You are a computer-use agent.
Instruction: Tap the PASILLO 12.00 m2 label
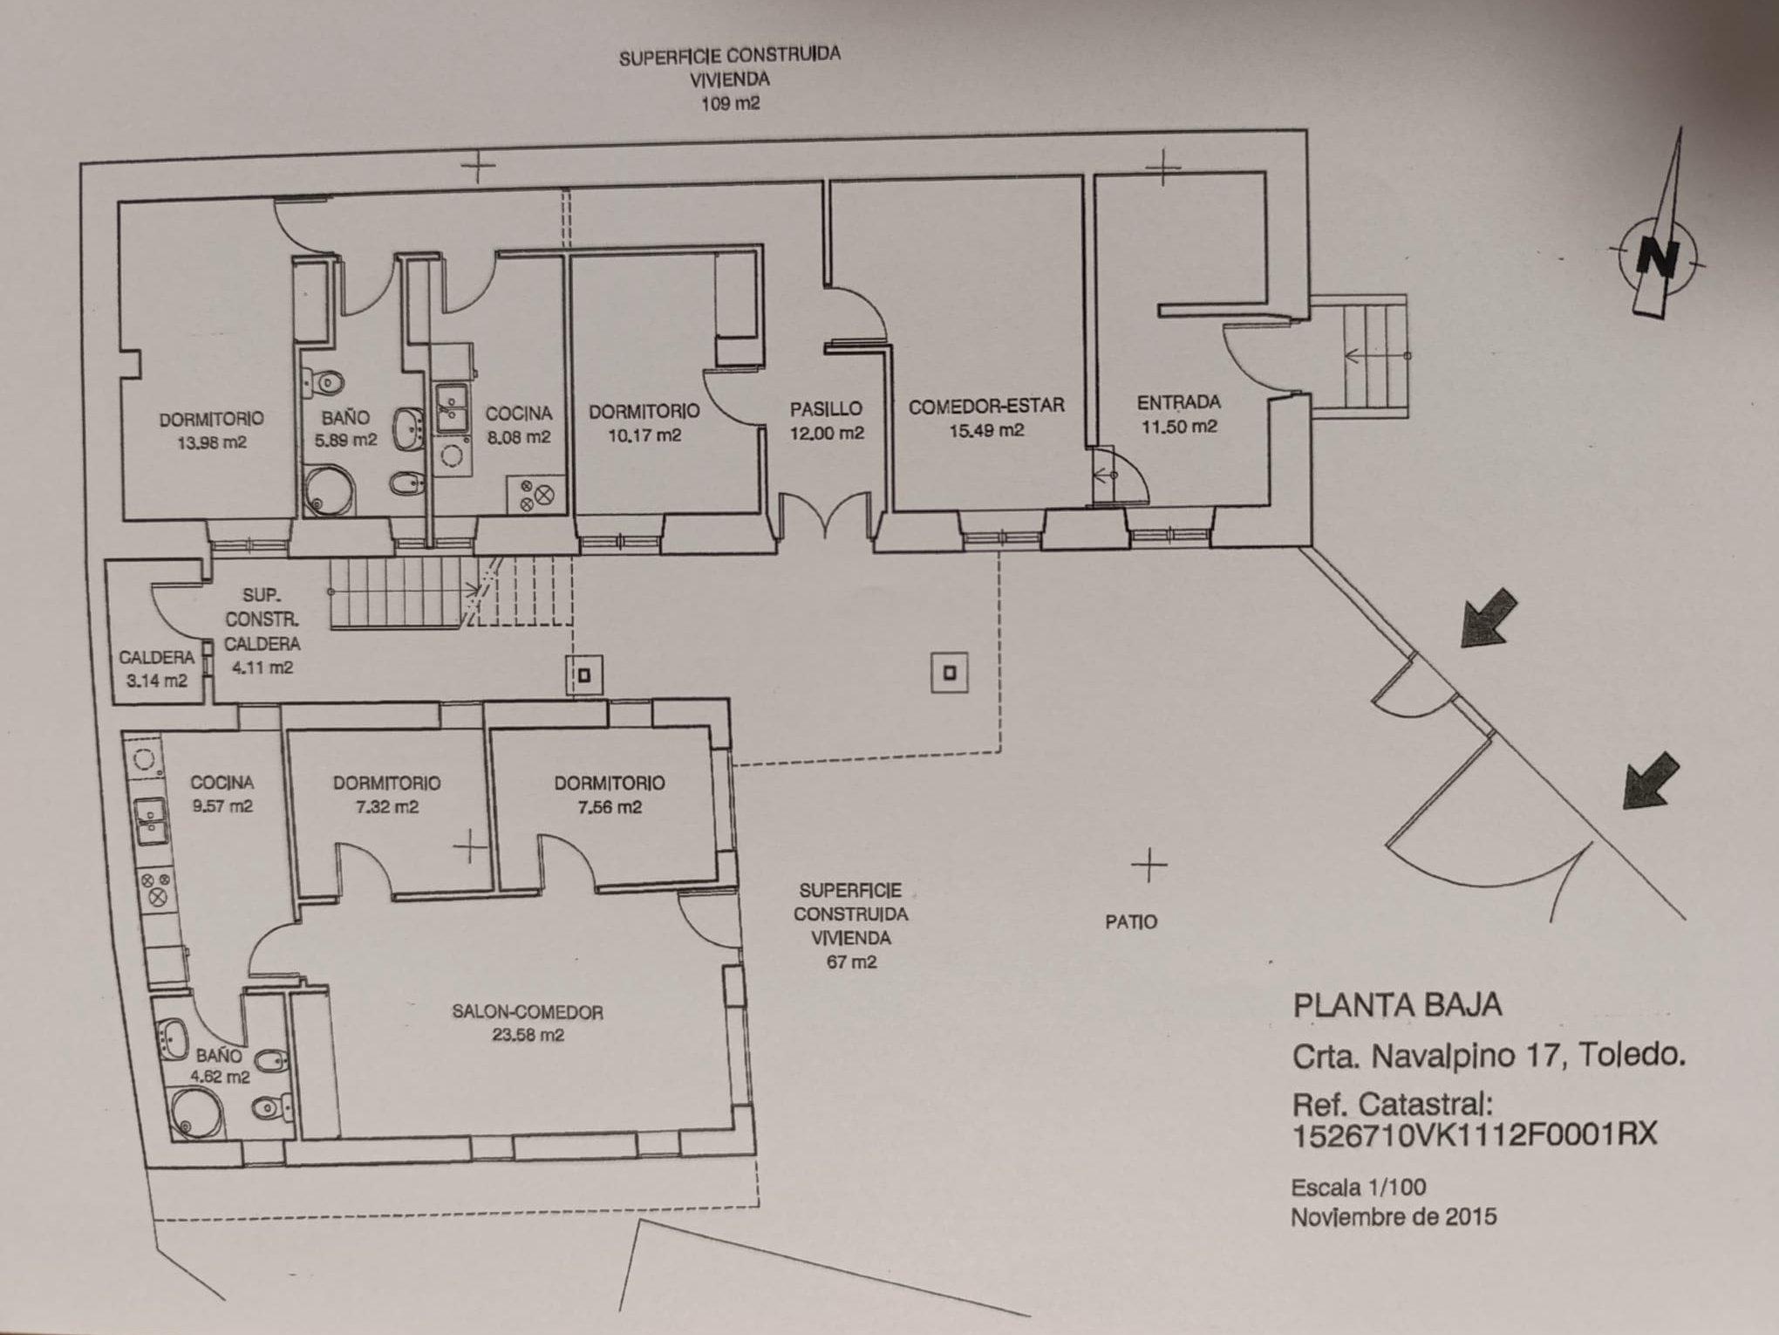(x=826, y=421)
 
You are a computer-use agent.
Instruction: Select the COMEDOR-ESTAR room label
(x=986, y=406)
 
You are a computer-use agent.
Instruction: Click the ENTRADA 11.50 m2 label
(x=1179, y=414)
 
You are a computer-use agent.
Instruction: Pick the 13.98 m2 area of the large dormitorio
(x=212, y=442)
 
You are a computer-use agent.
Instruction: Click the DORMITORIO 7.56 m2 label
(x=609, y=795)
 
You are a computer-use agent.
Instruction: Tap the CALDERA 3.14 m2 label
(x=156, y=668)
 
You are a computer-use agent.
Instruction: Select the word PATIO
(x=1131, y=921)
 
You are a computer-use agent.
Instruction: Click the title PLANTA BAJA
(x=1397, y=1005)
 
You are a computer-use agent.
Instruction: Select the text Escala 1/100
(x=1358, y=1188)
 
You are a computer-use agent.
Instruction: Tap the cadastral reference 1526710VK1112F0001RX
(x=1474, y=1134)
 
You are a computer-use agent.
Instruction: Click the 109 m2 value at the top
(x=730, y=104)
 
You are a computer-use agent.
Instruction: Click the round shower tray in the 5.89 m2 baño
(x=330, y=492)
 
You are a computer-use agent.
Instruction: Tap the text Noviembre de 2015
(x=1394, y=1216)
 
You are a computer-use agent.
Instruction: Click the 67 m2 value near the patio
(x=851, y=962)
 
